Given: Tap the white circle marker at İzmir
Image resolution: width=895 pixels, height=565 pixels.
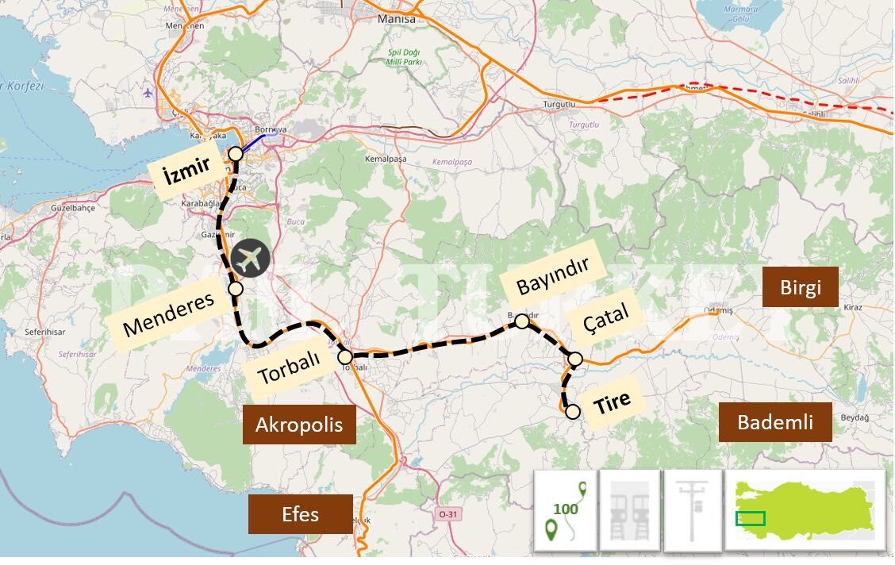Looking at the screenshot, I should pyautogui.click(x=236, y=154).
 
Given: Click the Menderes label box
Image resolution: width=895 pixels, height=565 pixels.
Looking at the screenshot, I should pyautogui.click(x=169, y=313).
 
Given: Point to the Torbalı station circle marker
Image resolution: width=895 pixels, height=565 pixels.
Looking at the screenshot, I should pyautogui.click(x=345, y=356).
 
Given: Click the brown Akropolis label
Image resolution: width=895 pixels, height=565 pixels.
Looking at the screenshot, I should pyautogui.click(x=299, y=425).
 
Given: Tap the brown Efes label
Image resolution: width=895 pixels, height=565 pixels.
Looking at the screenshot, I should pyautogui.click(x=300, y=514).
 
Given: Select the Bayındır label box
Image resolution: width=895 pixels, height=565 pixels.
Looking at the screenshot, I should pyautogui.click(x=553, y=276).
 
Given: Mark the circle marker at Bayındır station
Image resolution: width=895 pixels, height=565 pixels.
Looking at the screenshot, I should pyautogui.click(x=522, y=321).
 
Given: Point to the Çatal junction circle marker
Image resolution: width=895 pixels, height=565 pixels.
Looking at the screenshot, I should pyautogui.click(x=576, y=359).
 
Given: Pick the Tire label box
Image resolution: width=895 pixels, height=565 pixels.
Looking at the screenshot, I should pyautogui.click(x=613, y=402).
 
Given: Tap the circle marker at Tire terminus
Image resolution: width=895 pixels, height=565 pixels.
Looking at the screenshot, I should pyautogui.click(x=572, y=412).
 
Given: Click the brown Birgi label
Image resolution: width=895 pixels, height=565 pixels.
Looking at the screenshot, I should pyautogui.click(x=800, y=287).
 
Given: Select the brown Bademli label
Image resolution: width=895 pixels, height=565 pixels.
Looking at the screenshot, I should pyautogui.click(x=775, y=422).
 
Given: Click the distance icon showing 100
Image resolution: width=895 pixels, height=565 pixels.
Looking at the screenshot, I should pyautogui.click(x=566, y=509).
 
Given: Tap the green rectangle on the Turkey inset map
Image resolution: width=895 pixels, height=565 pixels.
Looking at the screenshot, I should pyautogui.click(x=750, y=519).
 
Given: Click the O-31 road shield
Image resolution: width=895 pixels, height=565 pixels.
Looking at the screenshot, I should pyautogui.click(x=448, y=514).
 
